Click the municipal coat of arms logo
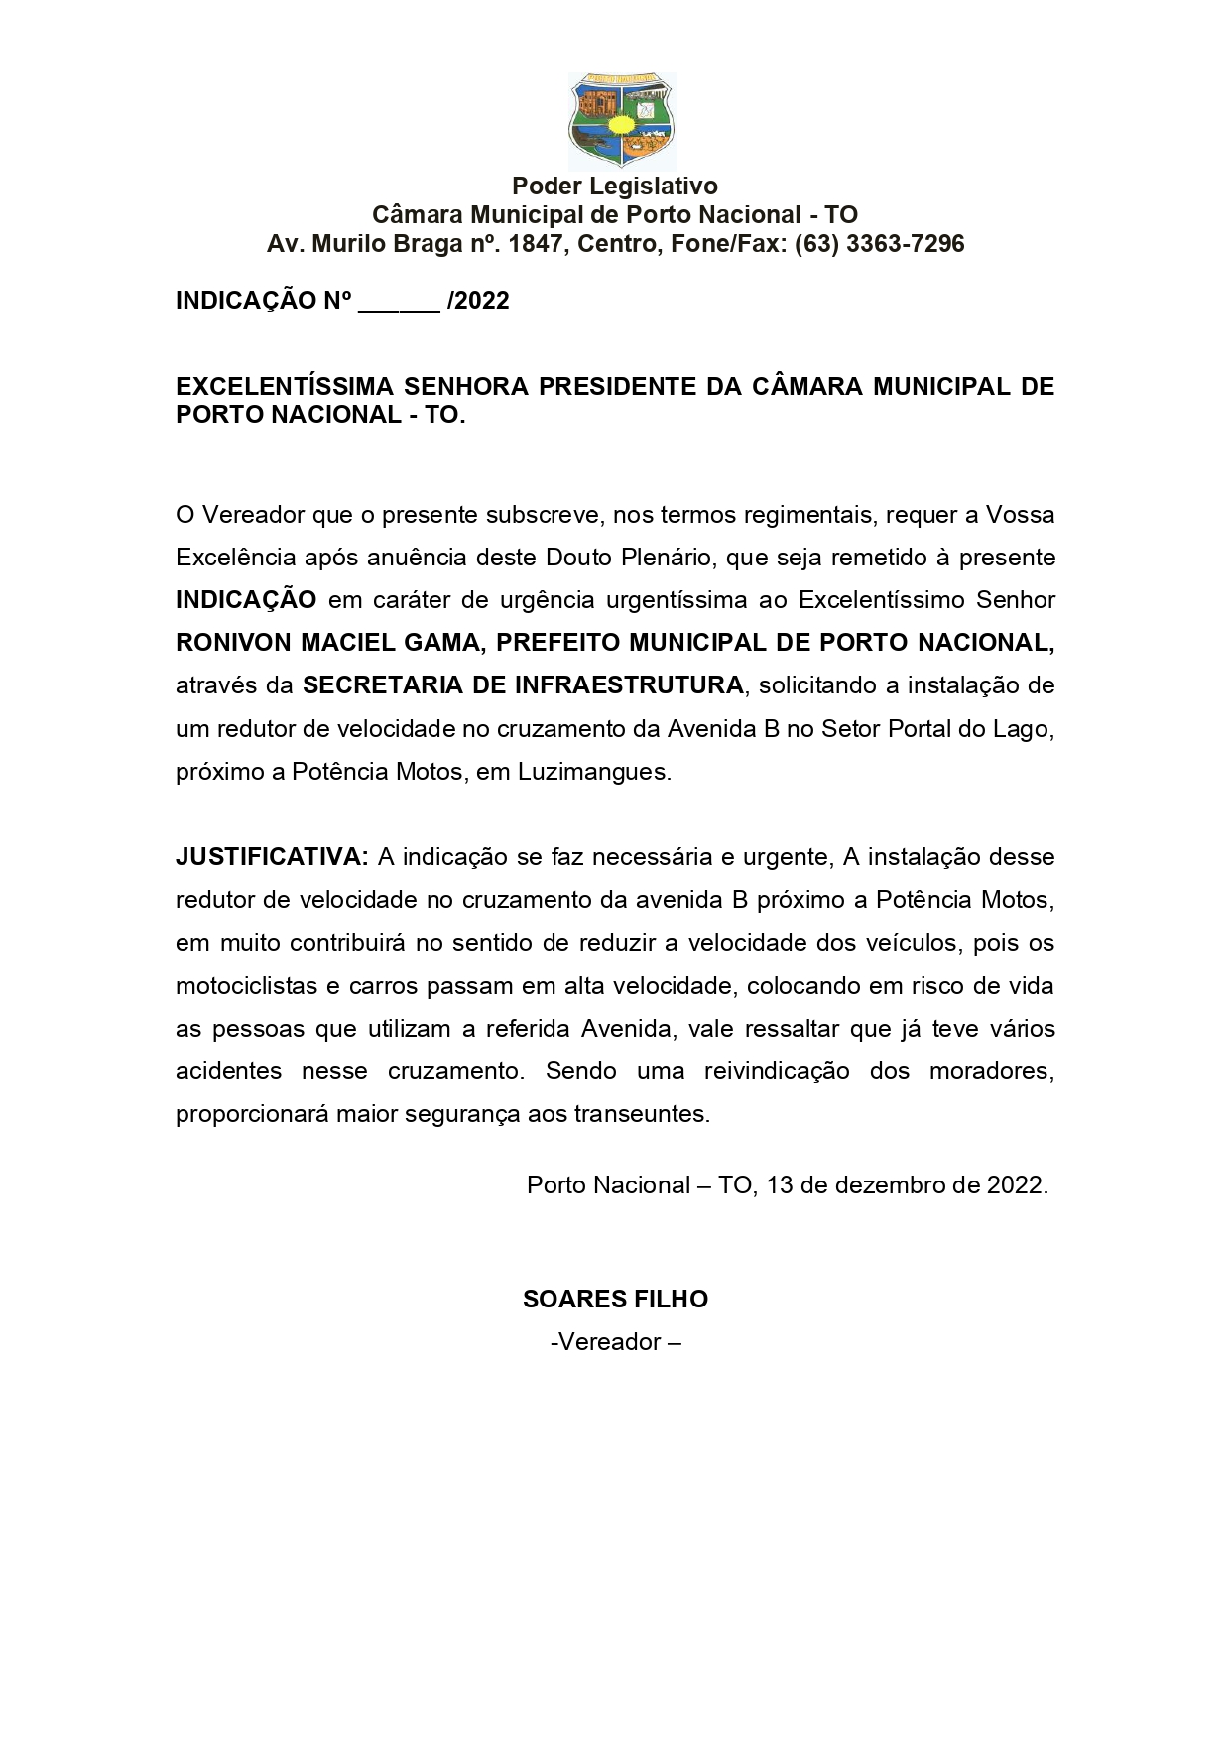(622, 120)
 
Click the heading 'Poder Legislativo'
(615, 186)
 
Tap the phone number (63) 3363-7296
(879, 244)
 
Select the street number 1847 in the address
(535, 244)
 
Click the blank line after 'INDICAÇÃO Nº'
(398, 302)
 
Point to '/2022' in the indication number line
(479, 301)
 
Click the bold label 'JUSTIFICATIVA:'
(272, 856)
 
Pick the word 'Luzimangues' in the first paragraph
(592, 772)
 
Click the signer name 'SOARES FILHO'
(615, 1299)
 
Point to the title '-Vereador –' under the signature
(615, 1342)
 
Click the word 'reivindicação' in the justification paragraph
(777, 1071)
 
